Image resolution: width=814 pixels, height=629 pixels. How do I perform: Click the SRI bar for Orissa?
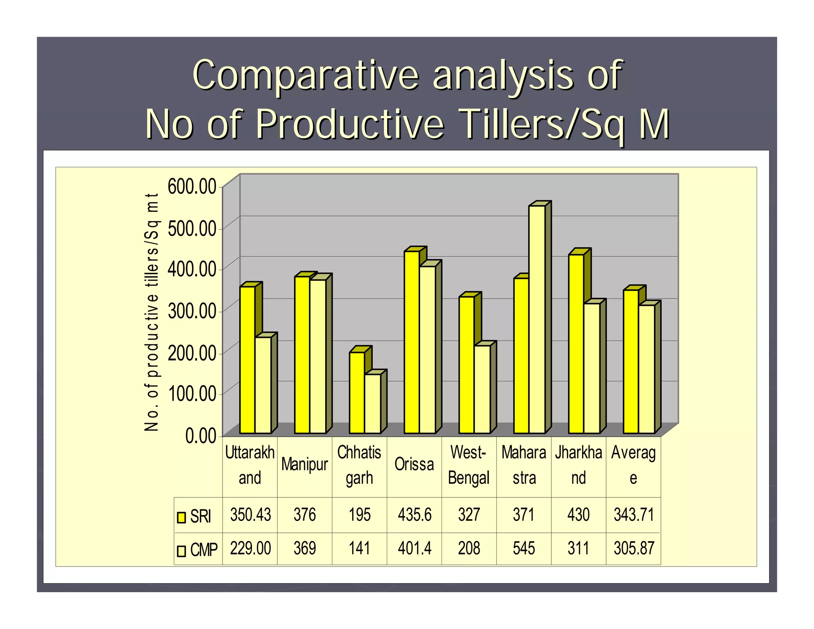pos(412,342)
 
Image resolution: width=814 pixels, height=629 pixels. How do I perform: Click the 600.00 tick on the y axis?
pos(192,186)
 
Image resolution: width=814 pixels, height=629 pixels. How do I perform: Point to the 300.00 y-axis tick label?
pos(192,311)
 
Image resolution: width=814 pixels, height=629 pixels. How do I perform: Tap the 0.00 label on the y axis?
pos(201,436)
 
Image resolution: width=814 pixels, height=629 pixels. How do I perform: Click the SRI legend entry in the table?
pos(195,516)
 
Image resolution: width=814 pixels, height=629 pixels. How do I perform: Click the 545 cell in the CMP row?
pos(523,548)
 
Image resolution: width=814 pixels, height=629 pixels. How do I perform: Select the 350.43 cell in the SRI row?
pos(250,515)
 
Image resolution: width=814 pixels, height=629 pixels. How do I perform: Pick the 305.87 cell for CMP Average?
pos(634,548)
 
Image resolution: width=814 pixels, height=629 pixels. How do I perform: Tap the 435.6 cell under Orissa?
pos(414,515)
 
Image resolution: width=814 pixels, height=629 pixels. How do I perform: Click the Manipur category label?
pos(304,464)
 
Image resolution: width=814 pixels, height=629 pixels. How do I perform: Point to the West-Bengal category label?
pos(469,465)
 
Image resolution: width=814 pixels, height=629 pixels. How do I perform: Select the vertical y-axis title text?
pos(152,312)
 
